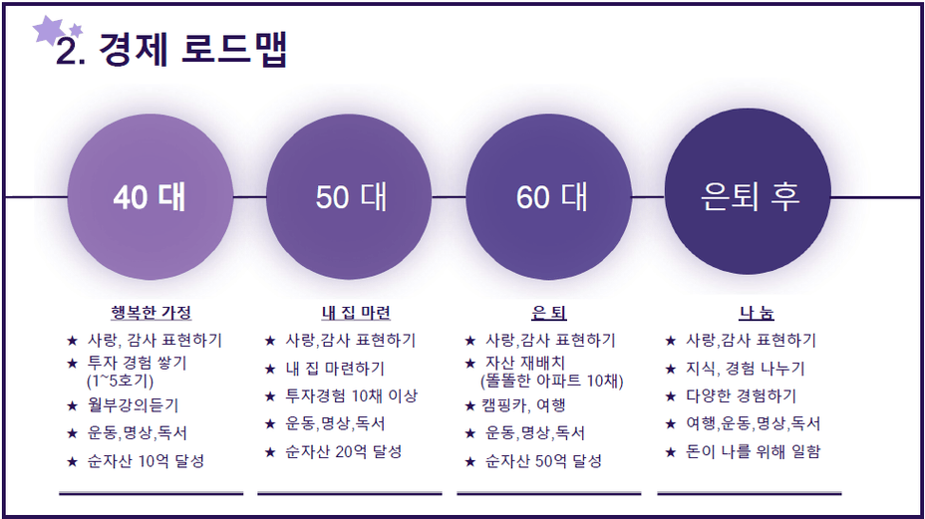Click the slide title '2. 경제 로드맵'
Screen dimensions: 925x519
[x=171, y=50]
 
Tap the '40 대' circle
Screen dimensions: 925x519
[x=150, y=196]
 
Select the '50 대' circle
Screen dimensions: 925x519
[x=349, y=196]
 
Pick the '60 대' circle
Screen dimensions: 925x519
[x=548, y=196]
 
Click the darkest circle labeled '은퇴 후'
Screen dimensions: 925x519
[x=748, y=192]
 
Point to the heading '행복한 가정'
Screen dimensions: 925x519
[x=152, y=312]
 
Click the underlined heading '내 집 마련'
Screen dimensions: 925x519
[x=356, y=312]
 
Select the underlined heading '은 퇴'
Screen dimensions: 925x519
[x=548, y=312]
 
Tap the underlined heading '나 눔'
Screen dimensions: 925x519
[x=757, y=312]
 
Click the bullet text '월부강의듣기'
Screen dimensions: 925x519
[x=133, y=405]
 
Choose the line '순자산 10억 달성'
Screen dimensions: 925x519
[x=146, y=460]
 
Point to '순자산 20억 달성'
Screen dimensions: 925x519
[x=344, y=452]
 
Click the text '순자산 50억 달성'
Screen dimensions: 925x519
[x=543, y=460]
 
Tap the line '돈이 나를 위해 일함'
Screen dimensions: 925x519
[x=753, y=452]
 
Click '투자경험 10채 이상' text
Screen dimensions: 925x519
[x=352, y=395]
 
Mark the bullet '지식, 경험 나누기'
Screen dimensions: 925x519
[x=745, y=369]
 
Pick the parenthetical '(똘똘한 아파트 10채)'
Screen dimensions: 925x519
[x=551, y=381]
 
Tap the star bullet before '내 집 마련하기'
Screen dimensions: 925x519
[x=270, y=370]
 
